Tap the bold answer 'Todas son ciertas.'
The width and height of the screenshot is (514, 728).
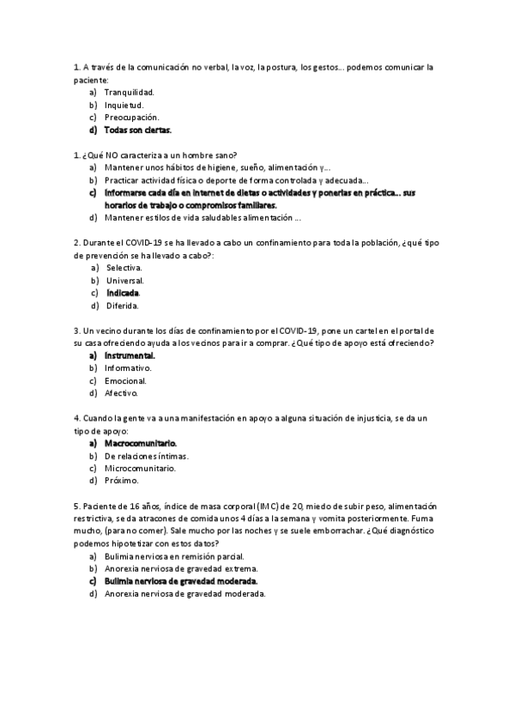click(x=137, y=130)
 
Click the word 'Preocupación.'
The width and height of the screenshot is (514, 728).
click(x=131, y=118)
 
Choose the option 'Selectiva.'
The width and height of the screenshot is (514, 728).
click(x=124, y=268)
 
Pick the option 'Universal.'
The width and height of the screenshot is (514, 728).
click(x=125, y=281)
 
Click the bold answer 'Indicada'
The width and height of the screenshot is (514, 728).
click(x=123, y=294)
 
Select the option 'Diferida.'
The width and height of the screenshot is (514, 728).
click(x=122, y=306)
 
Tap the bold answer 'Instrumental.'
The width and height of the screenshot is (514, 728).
click(x=130, y=355)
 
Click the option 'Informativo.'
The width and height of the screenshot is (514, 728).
click(x=128, y=368)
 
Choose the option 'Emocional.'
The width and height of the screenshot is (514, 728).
click(x=125, y=380)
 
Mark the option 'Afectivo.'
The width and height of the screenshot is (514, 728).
click(x=121, y=393)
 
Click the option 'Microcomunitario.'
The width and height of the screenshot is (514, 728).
click(x=140, y=469)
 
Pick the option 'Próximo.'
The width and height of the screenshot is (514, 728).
click(x=121, y=481)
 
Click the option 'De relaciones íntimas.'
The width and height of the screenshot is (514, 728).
click(x=146, y=456)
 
